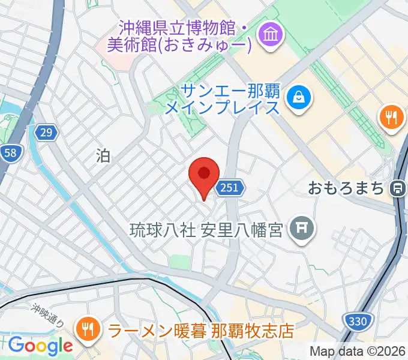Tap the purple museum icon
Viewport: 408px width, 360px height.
pyautogui.click(x=268, y=35)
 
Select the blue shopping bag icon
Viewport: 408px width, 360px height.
pyautogui.click(x=298, y=95)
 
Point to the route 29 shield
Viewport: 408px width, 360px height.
pyautogui.click(x=46, y=132)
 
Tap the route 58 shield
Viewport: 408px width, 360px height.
pyautogui.click(x=10, y=153)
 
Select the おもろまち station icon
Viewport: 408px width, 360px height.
pyautogui.click(x=397, y=188)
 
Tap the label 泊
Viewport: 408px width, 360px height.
pyautogui.click(x=103, y=156)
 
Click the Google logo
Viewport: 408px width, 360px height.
pyautogui.click(x=40, y=345)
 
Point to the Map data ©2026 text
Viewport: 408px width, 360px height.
pyautogui.click(x=358, y=351)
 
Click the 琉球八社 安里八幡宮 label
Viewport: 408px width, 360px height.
pyautogui.click(x=206, y=229)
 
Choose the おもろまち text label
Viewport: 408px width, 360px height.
pyautogui.click(x=346, y=188)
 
